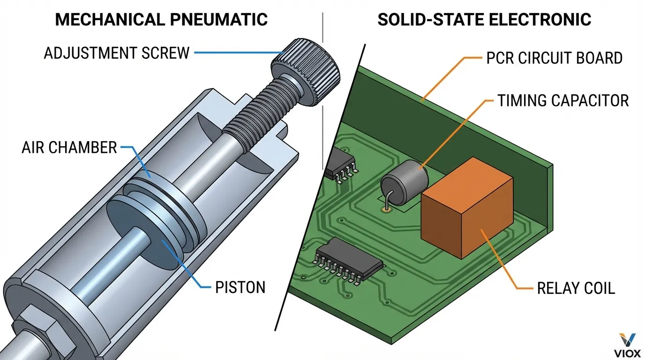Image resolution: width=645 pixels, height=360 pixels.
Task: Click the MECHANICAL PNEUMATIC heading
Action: pyautogui.click(x=161, y=20)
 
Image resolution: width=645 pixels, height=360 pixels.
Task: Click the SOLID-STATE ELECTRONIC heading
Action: pyautogui.click(x=484, y=20)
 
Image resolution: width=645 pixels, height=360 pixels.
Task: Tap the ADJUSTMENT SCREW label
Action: pyautogui.click(x=117, y=53)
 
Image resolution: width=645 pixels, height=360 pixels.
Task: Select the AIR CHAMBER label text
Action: pyautogui.click(x=69, y=148)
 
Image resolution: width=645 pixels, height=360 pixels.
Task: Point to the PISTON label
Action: pyautogui.click(x=240, y=287)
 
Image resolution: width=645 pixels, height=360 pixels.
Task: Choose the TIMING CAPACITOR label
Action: pyautogui.click(x=563, y=100)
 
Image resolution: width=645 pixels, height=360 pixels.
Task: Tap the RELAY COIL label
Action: pyautogui.click(x=576, y=288)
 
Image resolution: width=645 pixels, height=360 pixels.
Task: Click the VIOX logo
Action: pyautogui.click(x=627, y=345)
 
